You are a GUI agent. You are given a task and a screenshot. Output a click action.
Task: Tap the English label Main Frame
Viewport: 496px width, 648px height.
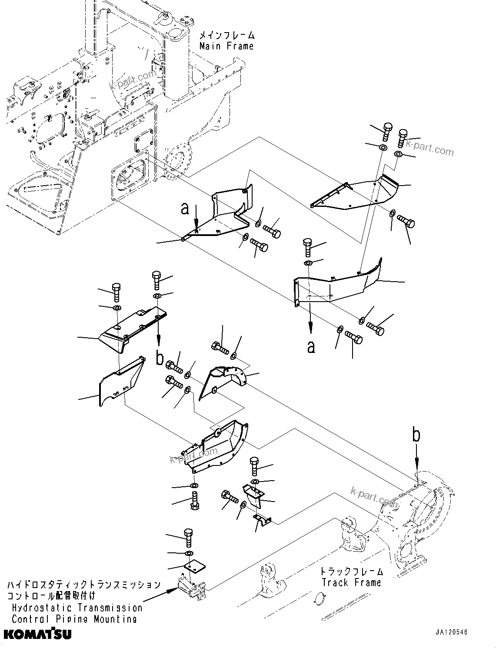[x=226, y=46]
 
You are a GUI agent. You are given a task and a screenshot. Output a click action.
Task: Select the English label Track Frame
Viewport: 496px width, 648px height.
[x=351, y=583]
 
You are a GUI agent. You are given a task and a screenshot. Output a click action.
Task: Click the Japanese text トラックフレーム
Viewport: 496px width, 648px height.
[x=352, y=572]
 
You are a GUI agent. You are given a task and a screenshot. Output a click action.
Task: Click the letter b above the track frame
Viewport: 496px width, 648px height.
[x=416, y=435]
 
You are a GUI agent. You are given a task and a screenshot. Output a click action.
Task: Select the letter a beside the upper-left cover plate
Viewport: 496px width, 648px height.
[x=186, y=209]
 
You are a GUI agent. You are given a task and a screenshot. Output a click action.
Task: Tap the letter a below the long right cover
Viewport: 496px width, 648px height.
[x=311, y=346]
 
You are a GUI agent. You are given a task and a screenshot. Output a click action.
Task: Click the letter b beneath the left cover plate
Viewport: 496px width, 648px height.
[x=160, y=359]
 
